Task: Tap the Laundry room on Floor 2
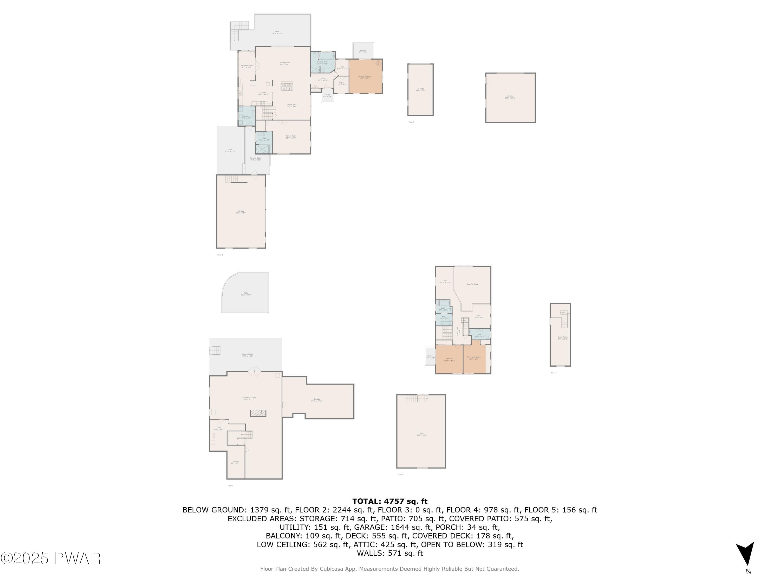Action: pos(246,117)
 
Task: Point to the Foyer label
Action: pos(323,79)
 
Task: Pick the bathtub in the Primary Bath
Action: pos(327,56)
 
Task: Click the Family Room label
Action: pos(291,136)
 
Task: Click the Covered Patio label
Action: pos(247,355)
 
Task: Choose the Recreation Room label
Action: pos(249,398)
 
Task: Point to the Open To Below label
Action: pos(472,284)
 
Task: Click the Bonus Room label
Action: pos(562,337)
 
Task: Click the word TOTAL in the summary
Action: pos(366,501)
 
